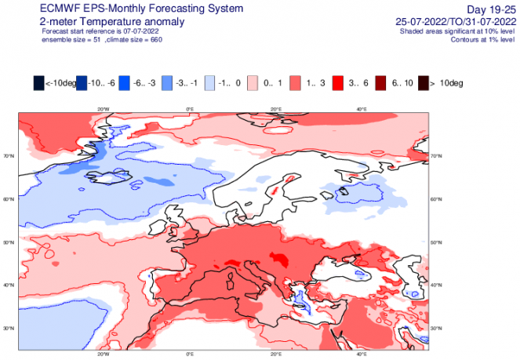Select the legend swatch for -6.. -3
coord(124,82)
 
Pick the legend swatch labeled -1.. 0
coord(209,82)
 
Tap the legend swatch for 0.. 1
coord(253,82)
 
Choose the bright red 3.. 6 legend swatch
coord(338,82)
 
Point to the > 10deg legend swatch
coord(424,82)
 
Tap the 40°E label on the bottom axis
coord(362,354)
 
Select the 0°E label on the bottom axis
coord(189,354)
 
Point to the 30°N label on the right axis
coord(436,327)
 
